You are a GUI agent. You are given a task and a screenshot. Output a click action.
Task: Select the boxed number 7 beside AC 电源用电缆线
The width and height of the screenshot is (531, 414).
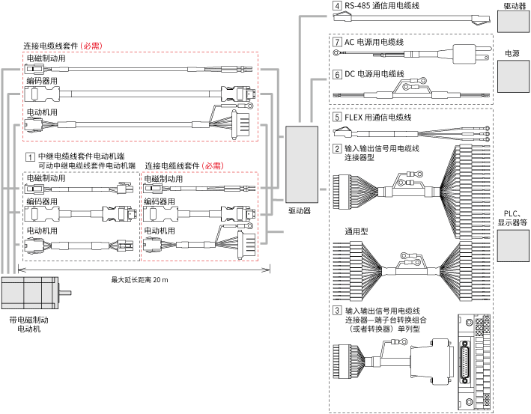pos(337,43)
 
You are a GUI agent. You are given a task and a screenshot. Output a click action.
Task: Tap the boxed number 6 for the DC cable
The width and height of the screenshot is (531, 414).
pos(337,74)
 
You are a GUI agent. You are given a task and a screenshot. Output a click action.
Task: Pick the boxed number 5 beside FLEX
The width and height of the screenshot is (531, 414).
pos(337,118)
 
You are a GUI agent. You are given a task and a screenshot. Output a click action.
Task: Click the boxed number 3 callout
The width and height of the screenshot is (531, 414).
pos(337,310)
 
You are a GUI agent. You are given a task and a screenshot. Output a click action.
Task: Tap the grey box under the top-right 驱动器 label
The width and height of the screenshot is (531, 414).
pos(512,20)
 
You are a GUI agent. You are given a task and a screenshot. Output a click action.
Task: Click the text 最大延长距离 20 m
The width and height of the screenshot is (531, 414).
pos(139,279)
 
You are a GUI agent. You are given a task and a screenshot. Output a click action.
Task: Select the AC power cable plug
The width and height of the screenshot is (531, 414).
pos(470,54)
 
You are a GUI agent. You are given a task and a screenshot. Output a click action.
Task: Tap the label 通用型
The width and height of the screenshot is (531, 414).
pos(356,230)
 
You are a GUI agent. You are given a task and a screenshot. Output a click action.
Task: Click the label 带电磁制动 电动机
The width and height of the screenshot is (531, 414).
pos(31,324)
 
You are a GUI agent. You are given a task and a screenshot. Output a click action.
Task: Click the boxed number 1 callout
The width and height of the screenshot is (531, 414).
pos(30,156)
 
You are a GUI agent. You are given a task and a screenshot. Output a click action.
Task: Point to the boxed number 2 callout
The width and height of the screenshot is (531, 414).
pos(337,148)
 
